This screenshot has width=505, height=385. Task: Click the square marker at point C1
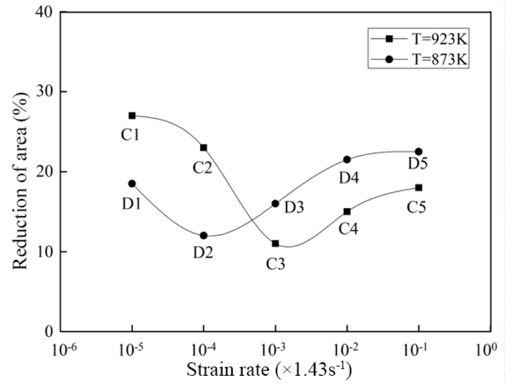(x=132, y=115)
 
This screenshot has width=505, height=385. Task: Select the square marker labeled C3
(x=275, y=243)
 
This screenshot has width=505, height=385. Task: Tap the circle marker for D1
(x=132, y=183)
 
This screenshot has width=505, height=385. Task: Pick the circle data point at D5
(x=418, y=152)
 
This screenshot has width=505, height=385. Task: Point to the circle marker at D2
(x=204, y=235)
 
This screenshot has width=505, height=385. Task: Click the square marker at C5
(x=418, y=187)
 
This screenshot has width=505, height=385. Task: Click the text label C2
(x=202, y=167)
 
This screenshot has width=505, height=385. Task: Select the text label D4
(x=348, y=178)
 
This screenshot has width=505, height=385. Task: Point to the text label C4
(x=348, y=229)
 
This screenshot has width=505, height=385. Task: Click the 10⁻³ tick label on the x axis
(x=275, y=349)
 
